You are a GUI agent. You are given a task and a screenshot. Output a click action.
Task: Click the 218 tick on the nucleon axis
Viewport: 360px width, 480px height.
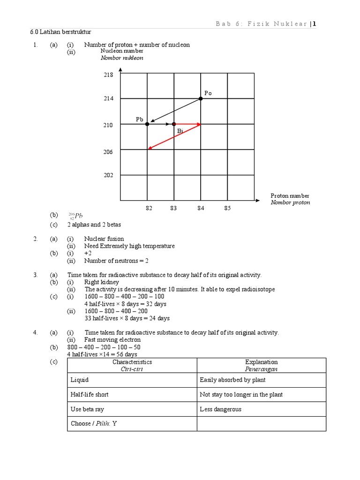tap(108, 75)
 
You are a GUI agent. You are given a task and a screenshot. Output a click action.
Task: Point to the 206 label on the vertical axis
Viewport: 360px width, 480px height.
tap(108, 151)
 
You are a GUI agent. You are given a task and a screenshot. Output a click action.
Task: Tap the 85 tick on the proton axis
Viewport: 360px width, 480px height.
tap(227, 208)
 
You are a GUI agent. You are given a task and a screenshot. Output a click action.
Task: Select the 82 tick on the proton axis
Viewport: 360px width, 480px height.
tap(149, 208)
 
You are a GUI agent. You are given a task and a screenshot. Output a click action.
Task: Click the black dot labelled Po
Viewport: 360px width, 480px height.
tap(201, 98)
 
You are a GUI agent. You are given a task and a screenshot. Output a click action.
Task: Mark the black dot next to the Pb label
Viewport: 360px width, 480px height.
tap(147, 124)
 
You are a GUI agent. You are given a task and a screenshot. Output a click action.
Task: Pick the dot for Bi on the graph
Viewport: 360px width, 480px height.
tap(174, 124)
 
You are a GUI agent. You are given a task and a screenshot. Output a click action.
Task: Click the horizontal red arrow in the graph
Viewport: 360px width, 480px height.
tap(187, 124)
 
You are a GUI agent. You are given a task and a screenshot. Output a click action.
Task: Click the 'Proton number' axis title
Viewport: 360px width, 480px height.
tap(290, 195)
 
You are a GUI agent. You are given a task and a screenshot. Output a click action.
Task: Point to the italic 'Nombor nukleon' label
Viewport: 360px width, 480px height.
tap(122, 58)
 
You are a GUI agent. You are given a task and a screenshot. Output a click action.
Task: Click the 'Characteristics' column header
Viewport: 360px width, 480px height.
tap(132, 362)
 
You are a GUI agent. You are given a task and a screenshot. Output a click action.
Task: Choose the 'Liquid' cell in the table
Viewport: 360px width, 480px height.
tap(79, 380)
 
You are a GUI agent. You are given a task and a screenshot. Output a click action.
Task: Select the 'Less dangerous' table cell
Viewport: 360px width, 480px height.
tap(220, 409)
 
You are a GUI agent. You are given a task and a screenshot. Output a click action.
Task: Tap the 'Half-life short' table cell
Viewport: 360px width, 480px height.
tap(90, 395)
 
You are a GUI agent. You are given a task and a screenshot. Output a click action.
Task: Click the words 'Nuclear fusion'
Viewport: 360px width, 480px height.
tap(104, 239)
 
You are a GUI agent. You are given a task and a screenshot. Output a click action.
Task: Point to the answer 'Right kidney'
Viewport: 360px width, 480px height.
tap(102, 282)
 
